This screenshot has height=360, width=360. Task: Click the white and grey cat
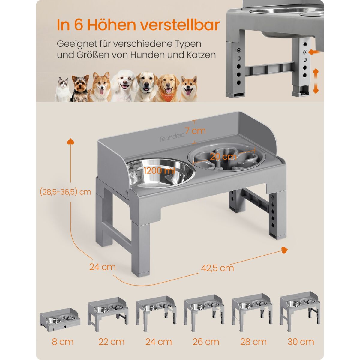63,89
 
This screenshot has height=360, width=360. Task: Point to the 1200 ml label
159,170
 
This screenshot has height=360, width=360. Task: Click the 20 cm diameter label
223,156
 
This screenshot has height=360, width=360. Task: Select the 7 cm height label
195,130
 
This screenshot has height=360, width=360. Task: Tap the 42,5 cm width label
217,268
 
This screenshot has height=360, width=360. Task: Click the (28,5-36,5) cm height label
65,192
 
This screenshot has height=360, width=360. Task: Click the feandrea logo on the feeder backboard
172,137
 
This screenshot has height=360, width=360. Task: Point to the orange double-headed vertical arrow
316,81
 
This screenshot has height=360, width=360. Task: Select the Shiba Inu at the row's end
188,89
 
